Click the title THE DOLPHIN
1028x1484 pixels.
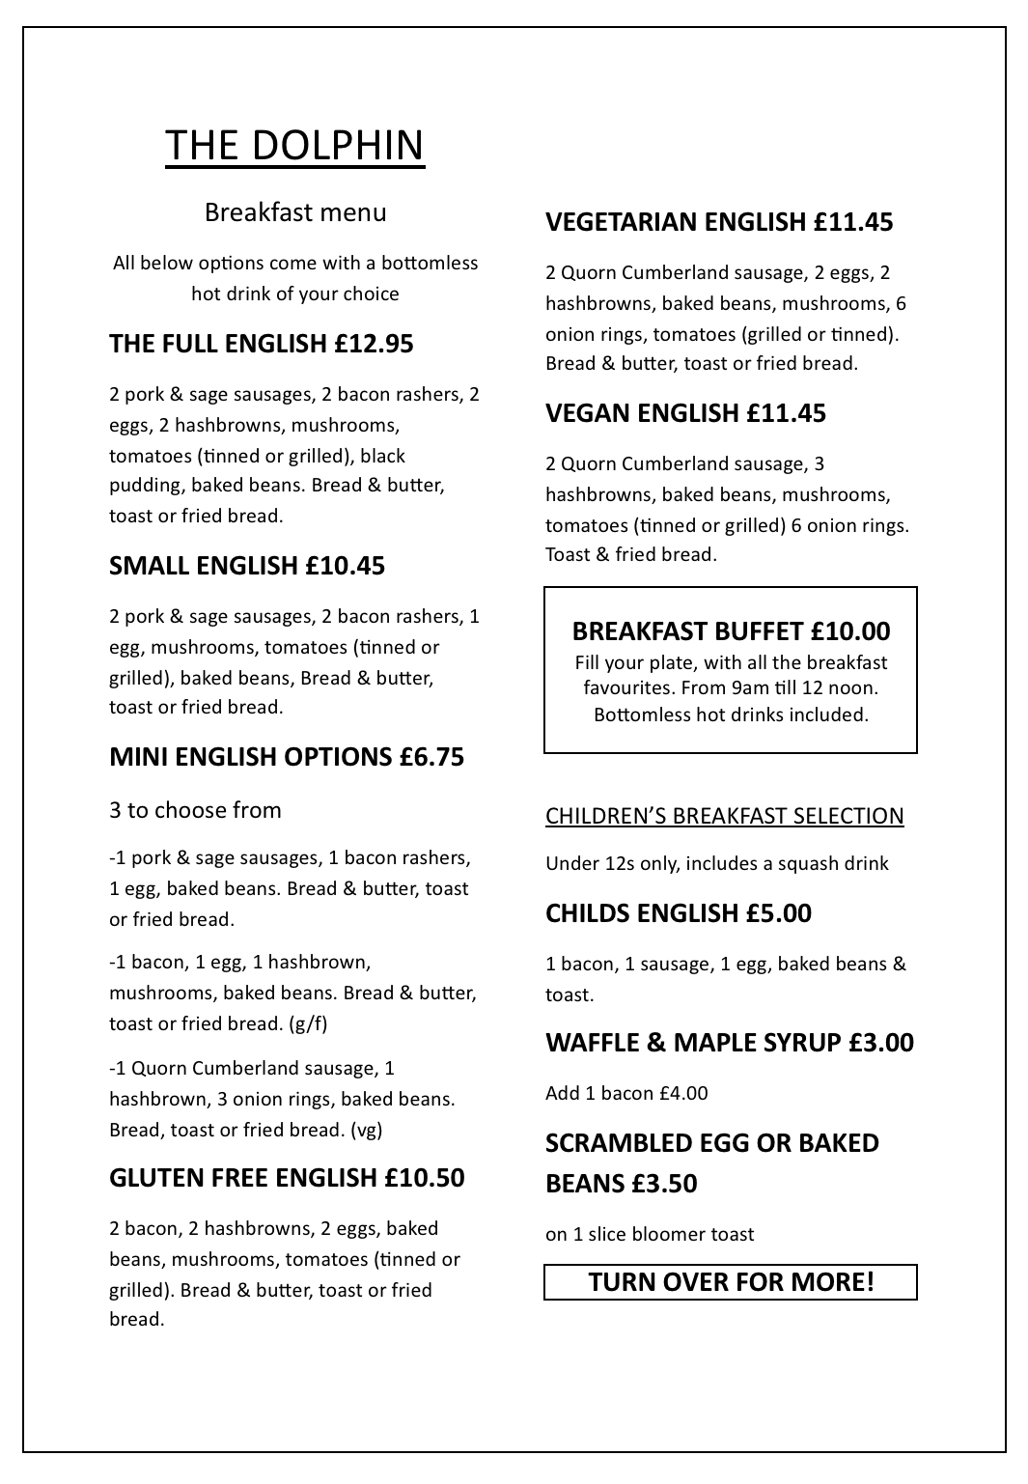[294, 145]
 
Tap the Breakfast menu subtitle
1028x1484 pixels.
[295, 212]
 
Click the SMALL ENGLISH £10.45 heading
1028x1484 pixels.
[247, 566]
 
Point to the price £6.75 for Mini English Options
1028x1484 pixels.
[431, 757]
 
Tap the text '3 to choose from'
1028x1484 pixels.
[195, 810]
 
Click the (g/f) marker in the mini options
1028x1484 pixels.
[308, 1023]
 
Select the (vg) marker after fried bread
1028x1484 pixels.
[367, 1130]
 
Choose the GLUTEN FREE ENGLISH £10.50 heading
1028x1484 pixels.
[287, 1178]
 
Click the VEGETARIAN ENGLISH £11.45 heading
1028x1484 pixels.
[719, 222]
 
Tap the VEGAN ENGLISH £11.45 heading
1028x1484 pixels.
[685, 413]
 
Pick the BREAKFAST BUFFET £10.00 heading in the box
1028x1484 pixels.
[731, 631]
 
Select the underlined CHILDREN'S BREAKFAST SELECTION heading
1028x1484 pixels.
[724, 816]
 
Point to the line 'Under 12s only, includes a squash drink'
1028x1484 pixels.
[716, 863]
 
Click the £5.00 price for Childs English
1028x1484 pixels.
[779, 913]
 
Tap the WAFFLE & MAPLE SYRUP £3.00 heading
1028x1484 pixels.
[729, 1043]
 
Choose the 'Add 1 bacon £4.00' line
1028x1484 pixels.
[626, 1093]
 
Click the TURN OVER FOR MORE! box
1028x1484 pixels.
[731, 1282]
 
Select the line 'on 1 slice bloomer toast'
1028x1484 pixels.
[650, 1234]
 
